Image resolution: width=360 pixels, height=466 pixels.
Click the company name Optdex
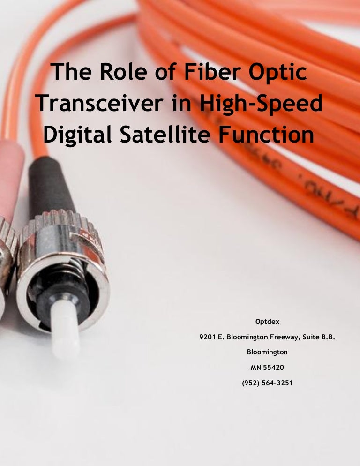(x=267, y=322)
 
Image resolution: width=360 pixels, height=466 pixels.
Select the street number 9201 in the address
(x=208, y=337)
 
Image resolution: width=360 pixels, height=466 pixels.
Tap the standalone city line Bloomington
(x=267, y=352)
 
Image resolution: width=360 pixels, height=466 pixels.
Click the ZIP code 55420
(x=273, y=367)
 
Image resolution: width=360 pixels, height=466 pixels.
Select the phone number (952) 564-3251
(x=267, y=383)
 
